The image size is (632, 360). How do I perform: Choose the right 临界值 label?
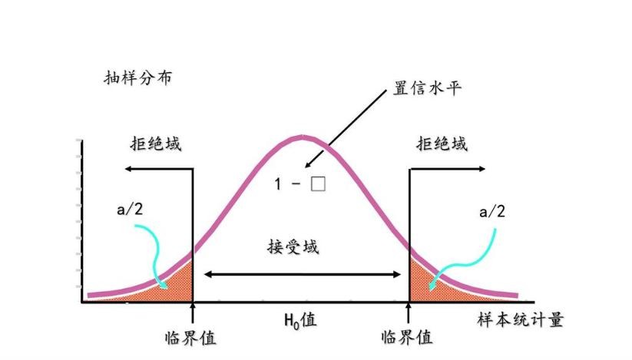point(407,336)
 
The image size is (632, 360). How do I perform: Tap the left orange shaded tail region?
point(175,284)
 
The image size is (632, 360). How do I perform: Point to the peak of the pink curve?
point(301,138)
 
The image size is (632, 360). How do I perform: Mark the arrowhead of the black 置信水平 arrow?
point(307,164)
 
